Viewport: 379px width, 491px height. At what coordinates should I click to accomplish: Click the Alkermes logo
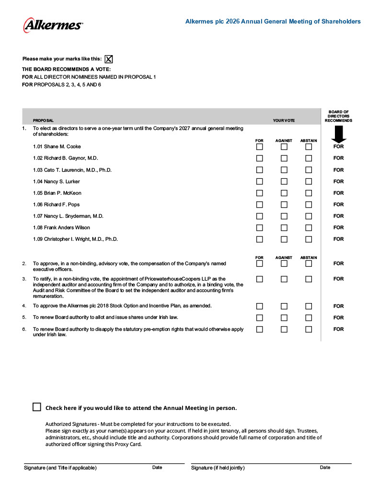[x=53, y=25]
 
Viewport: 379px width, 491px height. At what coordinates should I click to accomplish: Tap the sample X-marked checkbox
[x=109, y=59]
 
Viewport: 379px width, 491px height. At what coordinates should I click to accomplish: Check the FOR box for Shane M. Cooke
[x=260, y=147]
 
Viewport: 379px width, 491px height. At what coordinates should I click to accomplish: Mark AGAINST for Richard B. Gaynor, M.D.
[x=284, y=158]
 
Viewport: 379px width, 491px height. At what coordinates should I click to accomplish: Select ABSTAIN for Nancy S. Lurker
[x=309, y=182]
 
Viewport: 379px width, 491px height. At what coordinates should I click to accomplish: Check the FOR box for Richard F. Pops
[x=260, y=205]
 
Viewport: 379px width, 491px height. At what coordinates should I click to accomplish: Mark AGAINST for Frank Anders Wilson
[x=284, y=228]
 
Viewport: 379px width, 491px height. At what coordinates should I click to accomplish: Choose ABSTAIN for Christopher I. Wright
[x=309, y=239]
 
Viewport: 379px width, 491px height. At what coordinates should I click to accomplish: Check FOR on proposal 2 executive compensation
[x=260, y=264]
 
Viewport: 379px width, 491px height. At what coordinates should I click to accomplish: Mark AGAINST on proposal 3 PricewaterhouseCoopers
[x=284, y=279]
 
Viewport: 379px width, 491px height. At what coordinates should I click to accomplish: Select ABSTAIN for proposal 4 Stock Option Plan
[x=309, y=306]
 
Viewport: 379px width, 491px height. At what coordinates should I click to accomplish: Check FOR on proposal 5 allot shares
[x=260, y=318]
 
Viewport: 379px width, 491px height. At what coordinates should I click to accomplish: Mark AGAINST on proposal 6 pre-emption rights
[x=284, y=329]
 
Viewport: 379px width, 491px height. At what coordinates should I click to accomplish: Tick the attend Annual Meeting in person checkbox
[x=37, y=407]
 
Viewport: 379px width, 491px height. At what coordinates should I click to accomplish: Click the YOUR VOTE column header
[x=284, y=120]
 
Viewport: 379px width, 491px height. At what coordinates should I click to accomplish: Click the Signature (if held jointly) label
[x=218, y=468]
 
